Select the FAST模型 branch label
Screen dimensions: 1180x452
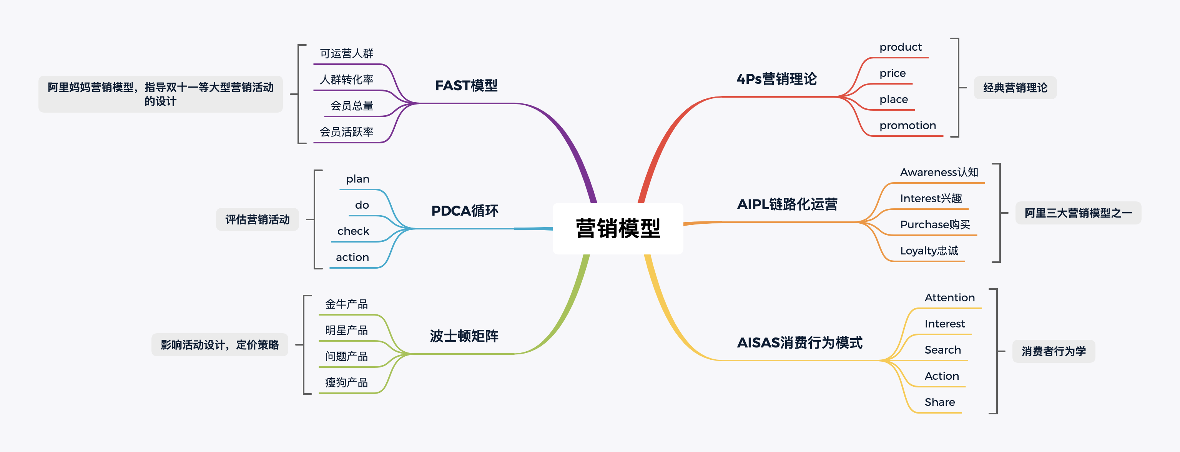click(x=466, y=86)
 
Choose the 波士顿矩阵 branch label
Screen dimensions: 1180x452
click(x=464, y=336)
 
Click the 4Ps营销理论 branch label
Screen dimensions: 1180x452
click(x=776, y=79)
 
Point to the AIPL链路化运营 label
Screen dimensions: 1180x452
click(x=787, y=204)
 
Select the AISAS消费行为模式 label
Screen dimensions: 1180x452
click(x=799, y=342)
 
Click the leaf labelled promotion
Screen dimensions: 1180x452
click(x=907, y=125)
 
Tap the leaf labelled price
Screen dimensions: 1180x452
click(x=892, y=73)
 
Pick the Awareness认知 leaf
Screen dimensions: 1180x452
click(x=939, y=172)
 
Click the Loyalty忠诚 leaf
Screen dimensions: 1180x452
click(x=929, y=251)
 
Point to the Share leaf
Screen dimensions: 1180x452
click(x=939, y=402)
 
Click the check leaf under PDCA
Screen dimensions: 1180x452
click(x=353, y=231)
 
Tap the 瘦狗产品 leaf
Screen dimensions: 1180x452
click(x=346, y=382)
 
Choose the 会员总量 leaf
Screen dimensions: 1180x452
click(x=352, y=106)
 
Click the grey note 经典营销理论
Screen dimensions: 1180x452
click(x=1015, y=88)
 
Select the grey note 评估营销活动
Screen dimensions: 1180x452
click(x=258, y=219)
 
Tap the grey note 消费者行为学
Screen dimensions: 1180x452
click(x=1054, y=351)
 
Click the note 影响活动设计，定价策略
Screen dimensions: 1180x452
click(x=220, y=345)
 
